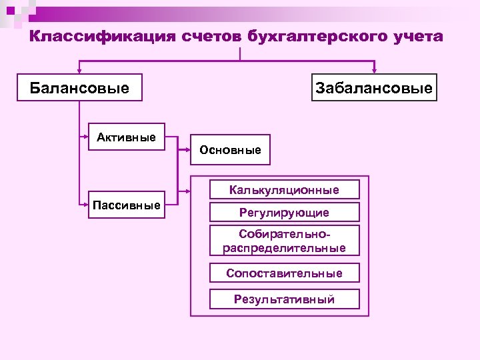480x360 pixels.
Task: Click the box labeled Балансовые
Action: coord(79,87)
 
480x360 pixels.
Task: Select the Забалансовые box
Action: coord(374,87)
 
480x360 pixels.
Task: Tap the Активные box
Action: coord(127,138)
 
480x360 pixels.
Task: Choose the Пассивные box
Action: coord(127,205)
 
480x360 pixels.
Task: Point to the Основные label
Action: coord(230,150)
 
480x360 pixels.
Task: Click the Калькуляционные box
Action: coord(284,190)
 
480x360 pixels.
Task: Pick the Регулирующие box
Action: coord(284,213)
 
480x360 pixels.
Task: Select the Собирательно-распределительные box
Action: coord(284,241)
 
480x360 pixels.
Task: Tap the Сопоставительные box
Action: coord(284,273)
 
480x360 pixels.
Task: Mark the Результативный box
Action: coord(284,299)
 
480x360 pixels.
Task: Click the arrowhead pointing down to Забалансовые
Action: coord(374,70)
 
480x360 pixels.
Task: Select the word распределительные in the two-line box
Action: coord(284,248)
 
